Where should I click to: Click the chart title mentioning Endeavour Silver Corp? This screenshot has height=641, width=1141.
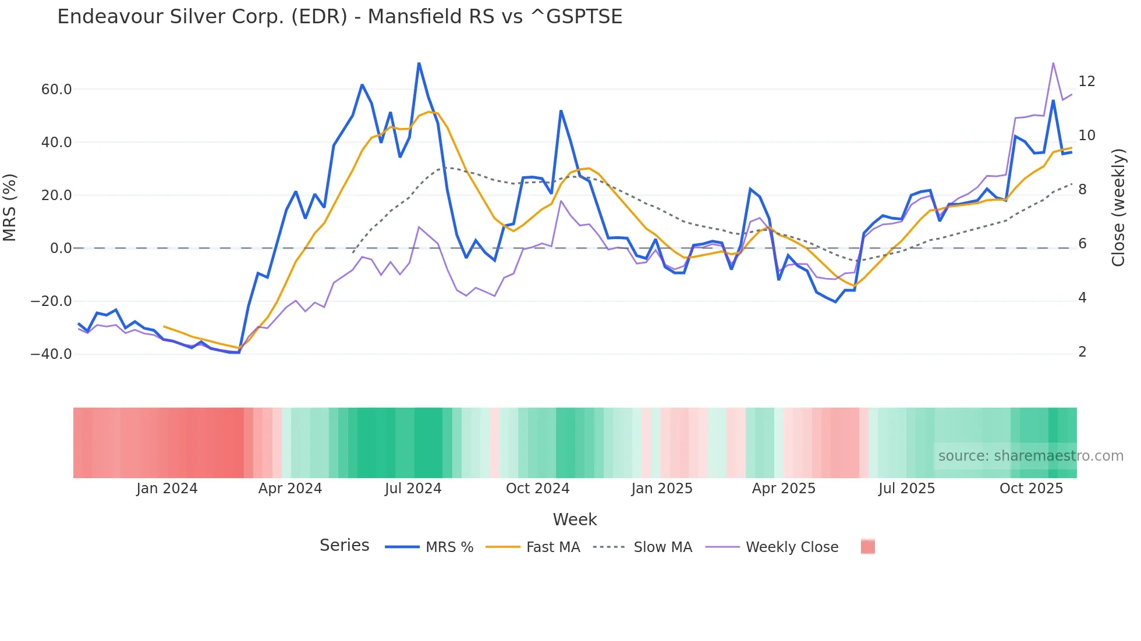(339, 17)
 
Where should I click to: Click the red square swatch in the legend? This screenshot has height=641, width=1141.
(867, 547)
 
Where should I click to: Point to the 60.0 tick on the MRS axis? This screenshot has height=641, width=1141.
(56, 90)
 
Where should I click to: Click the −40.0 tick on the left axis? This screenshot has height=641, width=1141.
(51, 354)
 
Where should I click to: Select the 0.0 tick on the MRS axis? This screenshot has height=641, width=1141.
(61, 248)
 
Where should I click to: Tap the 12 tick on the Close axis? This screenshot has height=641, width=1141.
(1086, 81)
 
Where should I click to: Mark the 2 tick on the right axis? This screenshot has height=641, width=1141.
(1082, 352)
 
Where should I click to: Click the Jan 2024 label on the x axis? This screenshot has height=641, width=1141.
(167, 489)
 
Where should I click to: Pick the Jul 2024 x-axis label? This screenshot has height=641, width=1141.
(413, 489)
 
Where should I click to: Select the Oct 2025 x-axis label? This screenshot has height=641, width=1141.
(1031, 489)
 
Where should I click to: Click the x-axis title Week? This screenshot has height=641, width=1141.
(575, 519)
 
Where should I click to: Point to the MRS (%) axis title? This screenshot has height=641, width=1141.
(10, 208)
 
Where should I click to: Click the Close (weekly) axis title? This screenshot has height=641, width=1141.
(1118, 208)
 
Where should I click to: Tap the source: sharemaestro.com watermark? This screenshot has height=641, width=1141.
(1030, 456)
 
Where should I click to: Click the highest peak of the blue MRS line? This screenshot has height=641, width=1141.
(419, 63)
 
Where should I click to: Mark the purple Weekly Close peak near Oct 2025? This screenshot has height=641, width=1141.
(1053, 63)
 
